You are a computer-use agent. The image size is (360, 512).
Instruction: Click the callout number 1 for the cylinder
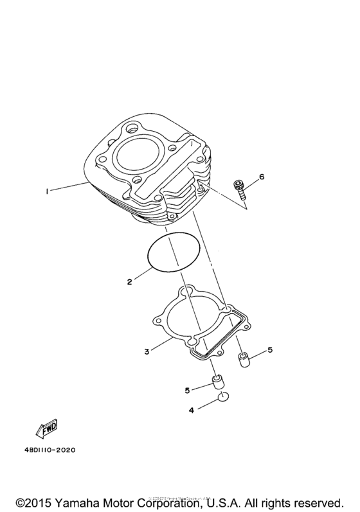(x=47, y=190)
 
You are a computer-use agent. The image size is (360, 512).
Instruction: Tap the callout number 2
(x=129, y=281)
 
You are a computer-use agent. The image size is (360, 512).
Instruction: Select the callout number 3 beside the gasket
(x=147, y=351)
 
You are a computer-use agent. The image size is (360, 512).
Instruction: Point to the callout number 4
(x=191, y=409)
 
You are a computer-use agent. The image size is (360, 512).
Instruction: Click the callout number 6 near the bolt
(x=262, y=176)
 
